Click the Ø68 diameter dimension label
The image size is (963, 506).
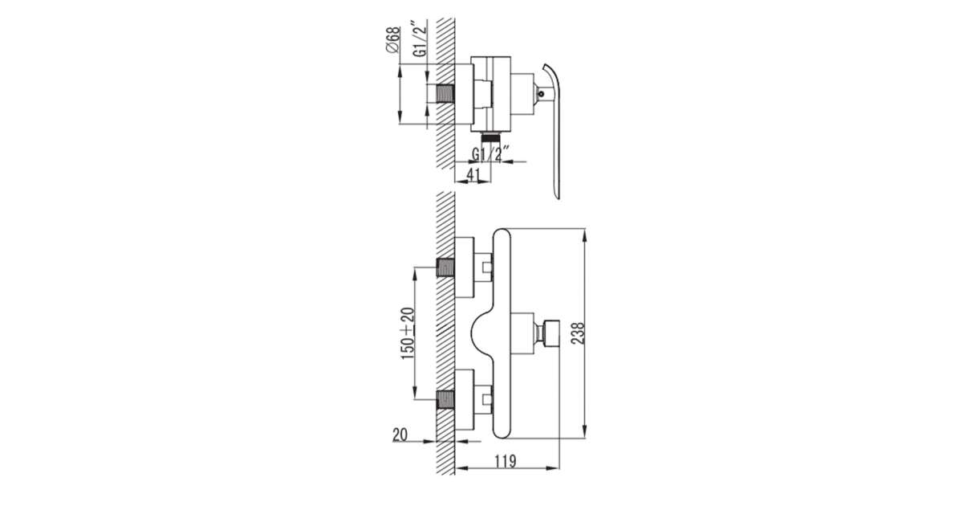point(393,39)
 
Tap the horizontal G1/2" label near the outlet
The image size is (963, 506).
point(491,154)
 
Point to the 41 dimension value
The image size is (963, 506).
point(473,175)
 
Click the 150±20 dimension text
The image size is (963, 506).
point(408,334)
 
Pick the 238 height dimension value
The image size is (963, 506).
point(579,333)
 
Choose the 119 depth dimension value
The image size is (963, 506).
point(505,461)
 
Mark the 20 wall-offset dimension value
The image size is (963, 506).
point(400,435)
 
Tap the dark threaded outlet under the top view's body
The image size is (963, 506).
point(490,137)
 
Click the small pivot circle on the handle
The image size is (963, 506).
point(541,94)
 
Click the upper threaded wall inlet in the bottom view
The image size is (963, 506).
point(446,267)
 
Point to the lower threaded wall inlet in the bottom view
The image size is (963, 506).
point(446,400)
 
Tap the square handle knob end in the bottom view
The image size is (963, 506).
point(551,333)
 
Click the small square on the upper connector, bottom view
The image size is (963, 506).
point(487,267)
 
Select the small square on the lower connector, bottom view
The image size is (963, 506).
point(487,400)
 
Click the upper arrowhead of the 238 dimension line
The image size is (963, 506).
point(584,236)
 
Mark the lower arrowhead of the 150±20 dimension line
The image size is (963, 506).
point(414,393)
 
